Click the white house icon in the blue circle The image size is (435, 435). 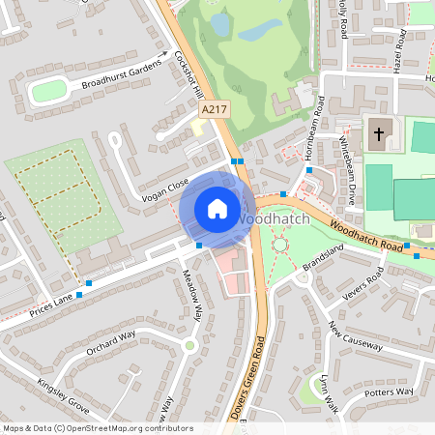point(217,208)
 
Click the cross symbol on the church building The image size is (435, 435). point(377,133)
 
